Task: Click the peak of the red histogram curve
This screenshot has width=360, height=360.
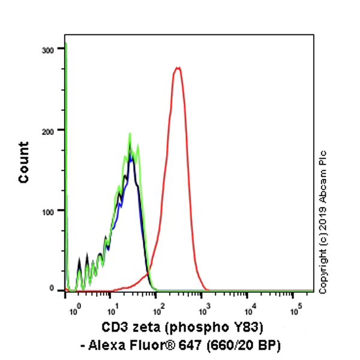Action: click(177, 68)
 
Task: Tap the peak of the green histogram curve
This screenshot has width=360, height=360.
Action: click(130, 134)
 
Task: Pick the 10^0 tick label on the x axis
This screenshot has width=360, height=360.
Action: click(74, 311)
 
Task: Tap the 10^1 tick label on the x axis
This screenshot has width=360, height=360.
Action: click(112, 311)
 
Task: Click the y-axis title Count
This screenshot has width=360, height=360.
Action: click(24, 163)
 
